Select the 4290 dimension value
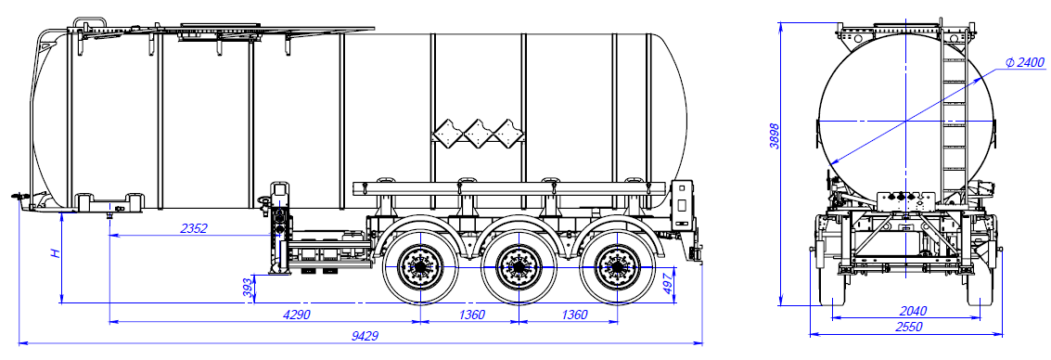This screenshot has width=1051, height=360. click(x=296, y=315)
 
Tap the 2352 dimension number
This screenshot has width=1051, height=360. click(x=195, y=228)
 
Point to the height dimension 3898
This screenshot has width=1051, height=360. click(x=775, y=135)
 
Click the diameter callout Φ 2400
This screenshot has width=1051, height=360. click(x=1025, y=63)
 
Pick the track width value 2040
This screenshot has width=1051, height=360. click(x=913, y=311)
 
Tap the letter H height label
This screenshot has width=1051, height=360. click(x=57, y=253)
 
